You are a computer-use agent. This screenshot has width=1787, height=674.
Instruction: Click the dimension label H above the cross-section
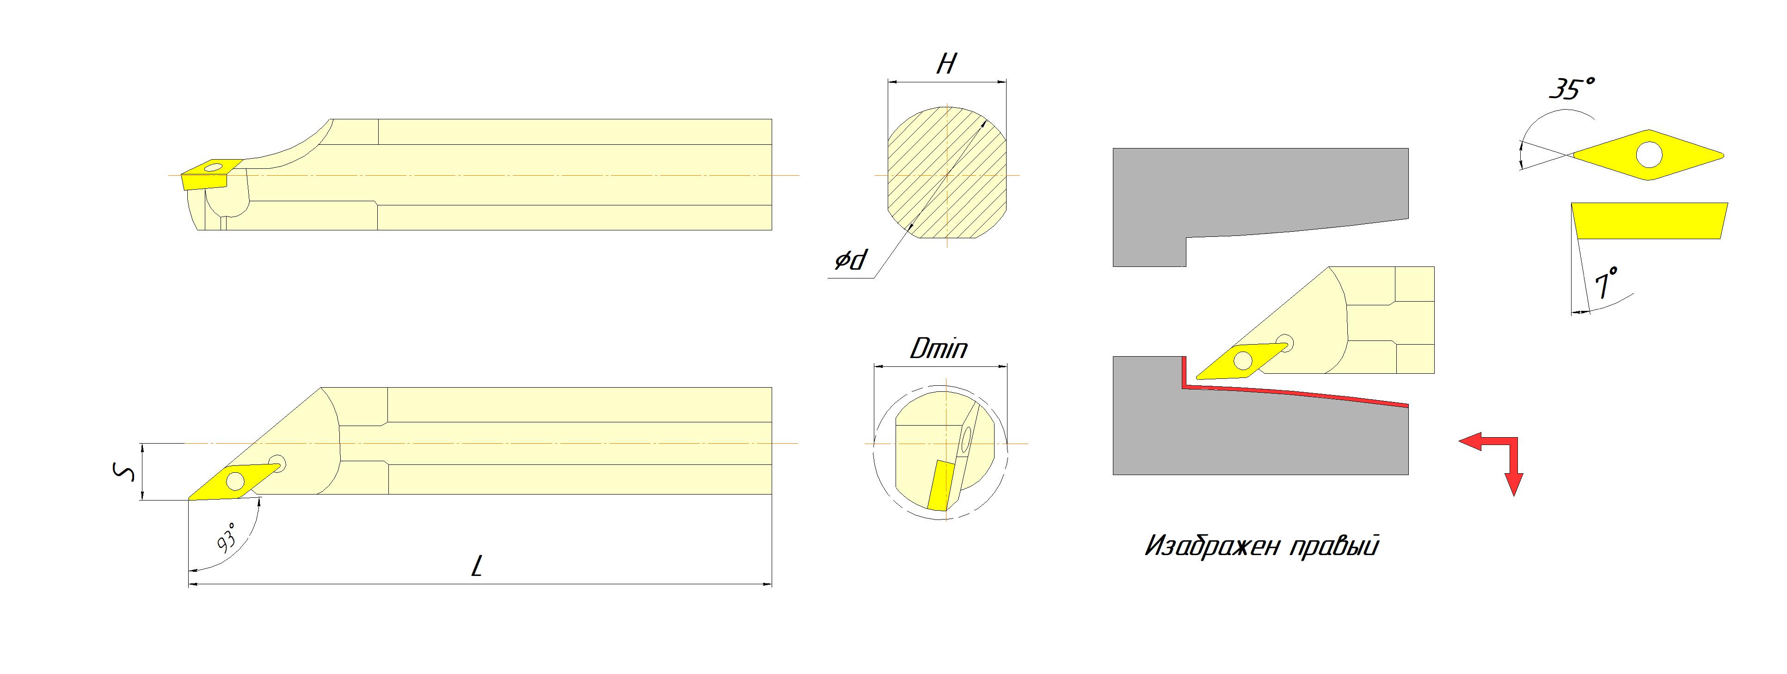coord(946,65)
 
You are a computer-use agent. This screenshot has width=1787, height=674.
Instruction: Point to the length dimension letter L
coord(477,567)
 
